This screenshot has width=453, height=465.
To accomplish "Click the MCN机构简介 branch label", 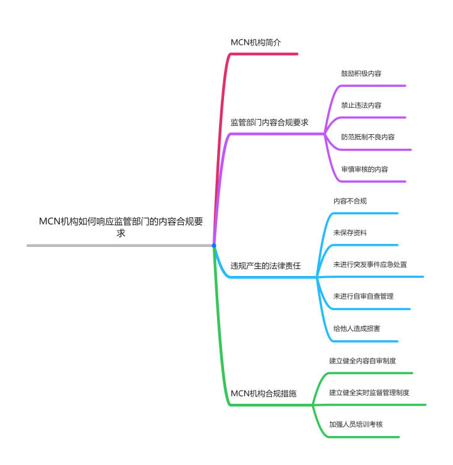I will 255,42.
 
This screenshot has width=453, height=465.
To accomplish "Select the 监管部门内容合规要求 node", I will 269,122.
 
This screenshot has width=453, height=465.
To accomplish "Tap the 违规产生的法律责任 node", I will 266,266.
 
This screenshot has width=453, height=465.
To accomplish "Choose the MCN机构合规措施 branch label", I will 264,394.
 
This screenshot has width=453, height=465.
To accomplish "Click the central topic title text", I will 121,227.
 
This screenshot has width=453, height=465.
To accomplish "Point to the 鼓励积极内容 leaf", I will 361,74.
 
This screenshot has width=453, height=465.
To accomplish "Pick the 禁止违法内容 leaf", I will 361,105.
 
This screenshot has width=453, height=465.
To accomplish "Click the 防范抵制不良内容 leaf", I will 368,137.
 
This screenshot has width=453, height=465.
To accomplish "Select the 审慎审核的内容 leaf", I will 365,169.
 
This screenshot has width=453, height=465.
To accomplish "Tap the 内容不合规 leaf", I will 350,201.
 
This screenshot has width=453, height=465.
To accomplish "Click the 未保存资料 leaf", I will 350,233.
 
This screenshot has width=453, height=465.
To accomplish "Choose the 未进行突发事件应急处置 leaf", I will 370,265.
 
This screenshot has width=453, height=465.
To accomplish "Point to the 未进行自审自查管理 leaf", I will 364,296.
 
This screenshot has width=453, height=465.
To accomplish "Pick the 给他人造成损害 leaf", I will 357,328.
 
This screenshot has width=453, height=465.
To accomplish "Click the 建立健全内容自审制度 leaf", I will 362,361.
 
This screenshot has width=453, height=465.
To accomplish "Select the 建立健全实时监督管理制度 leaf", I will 369,393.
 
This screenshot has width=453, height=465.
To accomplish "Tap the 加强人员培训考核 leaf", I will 356,425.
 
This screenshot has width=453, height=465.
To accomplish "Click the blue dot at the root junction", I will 214,245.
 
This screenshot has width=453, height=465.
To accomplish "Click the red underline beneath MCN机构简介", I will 264,54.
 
